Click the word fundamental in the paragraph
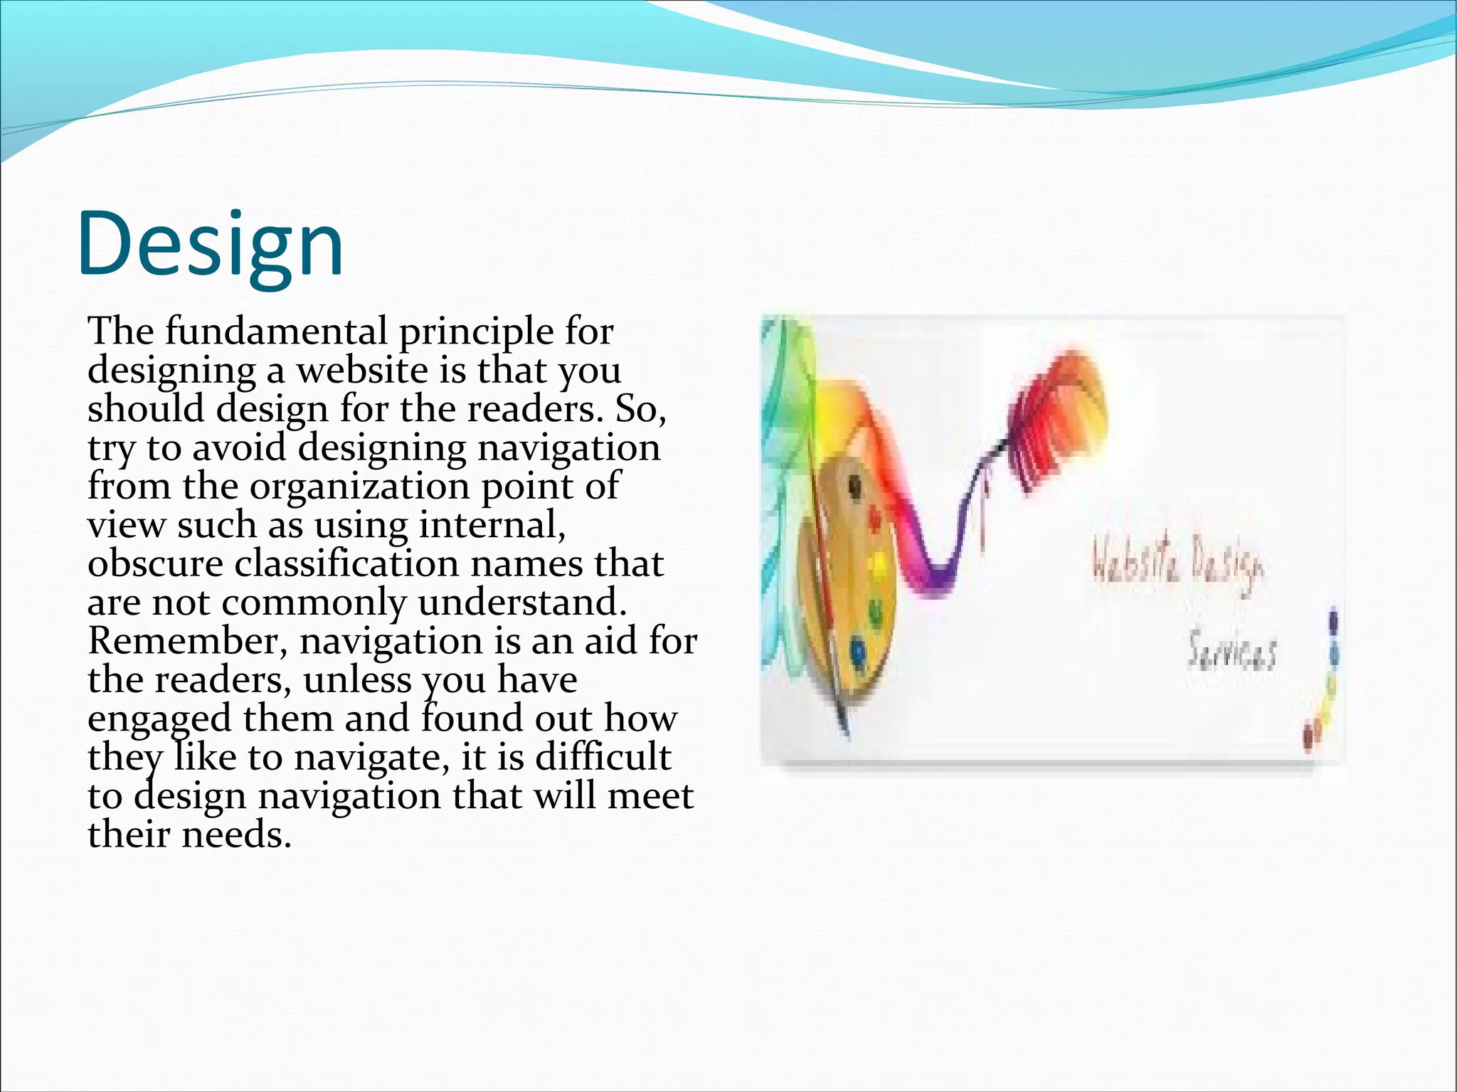click(x=277, y=332)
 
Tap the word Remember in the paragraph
click(x=187, y=641)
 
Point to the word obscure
click(x=155, y=564)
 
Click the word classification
click(x=346, y=564)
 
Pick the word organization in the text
click(x=359, y=487)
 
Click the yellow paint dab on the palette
click(x=877, y=566)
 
